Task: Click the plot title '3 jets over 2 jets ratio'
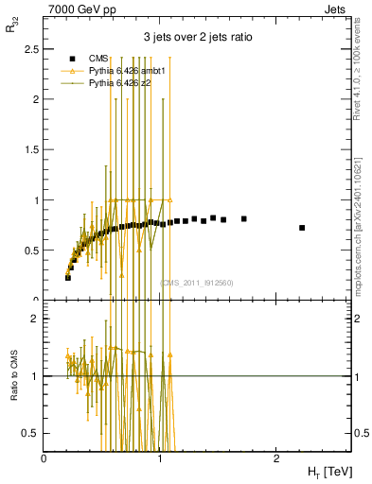(197, 37)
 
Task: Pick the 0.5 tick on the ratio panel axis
(31, 433)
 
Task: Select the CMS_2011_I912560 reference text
(196, 283)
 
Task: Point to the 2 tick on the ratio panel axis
(35, 319)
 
